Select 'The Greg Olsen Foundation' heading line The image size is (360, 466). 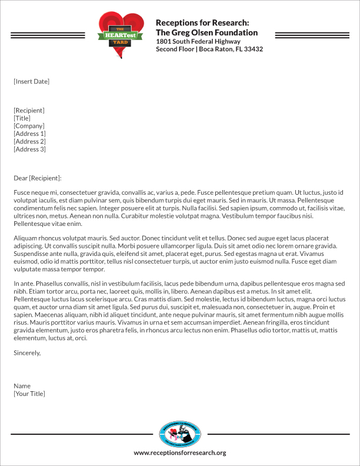(206, 32)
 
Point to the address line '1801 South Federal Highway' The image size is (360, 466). (198, 41)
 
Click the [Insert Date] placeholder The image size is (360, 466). (31, 81)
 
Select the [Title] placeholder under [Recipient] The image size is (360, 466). (23, 118)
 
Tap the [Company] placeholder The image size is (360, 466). (29, 126)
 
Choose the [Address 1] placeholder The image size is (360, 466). (29, 134)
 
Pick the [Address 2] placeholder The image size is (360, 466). (29, 141)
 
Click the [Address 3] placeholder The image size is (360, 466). (29, 149)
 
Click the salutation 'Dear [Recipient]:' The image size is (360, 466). (37, 178)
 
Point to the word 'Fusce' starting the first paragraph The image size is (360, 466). (22, 192)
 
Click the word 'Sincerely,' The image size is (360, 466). (27, 353)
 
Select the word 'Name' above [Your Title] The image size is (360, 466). (22, 386)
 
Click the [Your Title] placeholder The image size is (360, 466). (29, 394)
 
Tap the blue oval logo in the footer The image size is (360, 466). (180, 435)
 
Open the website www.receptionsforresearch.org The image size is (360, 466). (180, 453)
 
